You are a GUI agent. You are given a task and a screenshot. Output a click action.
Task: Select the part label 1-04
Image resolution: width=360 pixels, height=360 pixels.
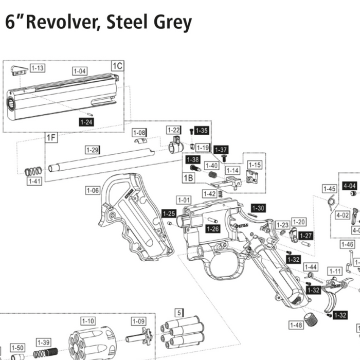80,71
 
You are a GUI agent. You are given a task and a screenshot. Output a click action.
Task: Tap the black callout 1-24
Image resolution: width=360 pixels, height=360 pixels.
87,122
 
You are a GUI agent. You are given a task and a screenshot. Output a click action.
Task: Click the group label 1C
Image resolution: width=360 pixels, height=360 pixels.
118,66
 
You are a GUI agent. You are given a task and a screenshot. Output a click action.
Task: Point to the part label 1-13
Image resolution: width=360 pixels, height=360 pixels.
38,68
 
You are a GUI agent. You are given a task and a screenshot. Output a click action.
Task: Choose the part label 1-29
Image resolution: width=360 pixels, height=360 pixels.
92,150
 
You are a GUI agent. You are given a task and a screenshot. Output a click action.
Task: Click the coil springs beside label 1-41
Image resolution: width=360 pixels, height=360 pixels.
34,171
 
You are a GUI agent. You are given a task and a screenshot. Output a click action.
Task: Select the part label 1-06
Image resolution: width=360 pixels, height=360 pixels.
93,190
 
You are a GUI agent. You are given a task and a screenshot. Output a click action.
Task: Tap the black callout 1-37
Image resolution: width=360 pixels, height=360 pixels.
221,150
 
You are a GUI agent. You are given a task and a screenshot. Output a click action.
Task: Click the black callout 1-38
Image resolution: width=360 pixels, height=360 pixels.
192,159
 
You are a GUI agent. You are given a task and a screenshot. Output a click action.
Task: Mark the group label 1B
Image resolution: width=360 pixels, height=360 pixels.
189,178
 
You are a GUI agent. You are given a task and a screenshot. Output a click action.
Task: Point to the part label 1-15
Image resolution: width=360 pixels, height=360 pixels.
255,165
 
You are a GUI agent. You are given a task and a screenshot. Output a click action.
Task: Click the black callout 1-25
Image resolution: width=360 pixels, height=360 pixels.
169,213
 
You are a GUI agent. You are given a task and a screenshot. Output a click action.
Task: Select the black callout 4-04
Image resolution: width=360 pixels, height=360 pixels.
350,186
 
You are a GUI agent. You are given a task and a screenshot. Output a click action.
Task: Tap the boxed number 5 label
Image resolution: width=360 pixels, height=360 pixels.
179,313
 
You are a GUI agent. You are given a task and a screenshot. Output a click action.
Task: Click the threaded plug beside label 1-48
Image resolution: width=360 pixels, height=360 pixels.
310,318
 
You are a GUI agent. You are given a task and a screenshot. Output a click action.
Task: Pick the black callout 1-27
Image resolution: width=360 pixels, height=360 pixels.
305,235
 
